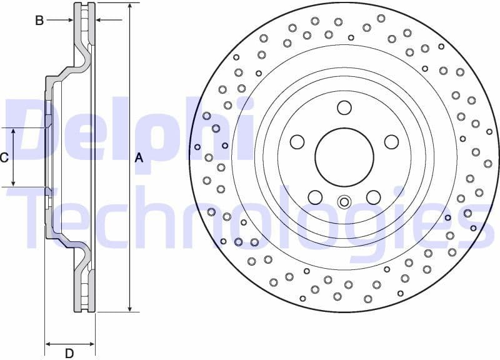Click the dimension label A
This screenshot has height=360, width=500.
(x=139, y=158)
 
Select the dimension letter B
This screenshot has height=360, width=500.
(x=39, y=21)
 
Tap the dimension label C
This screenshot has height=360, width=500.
(x=4, y=157)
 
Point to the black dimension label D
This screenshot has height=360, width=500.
(x=69, y=353)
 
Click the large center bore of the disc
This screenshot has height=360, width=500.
(x=344, y=157)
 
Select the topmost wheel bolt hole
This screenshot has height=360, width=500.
(x=344, y=107)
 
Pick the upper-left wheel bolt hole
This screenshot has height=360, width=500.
(x=296, y=142)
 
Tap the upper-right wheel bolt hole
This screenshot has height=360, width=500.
(x=391, y=142)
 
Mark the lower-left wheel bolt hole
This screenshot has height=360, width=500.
(x=315, y=197)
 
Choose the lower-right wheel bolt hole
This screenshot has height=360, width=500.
(x=373, y=197)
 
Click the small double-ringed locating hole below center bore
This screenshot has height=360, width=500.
(x=344, y=202)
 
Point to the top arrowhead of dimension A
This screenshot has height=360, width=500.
(x=129, y=7)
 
